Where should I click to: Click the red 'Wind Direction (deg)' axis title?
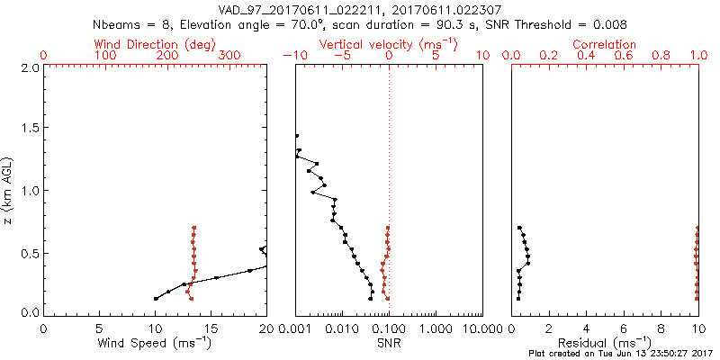155,44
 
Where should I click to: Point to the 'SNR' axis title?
389,343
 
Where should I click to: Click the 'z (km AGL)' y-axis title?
8,191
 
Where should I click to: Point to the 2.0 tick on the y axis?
29,67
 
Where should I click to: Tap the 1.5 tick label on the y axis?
29,130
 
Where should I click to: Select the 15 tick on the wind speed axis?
211,328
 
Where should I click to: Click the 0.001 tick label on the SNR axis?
295,328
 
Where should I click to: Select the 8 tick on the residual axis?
661,328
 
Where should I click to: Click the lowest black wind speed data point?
156,299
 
